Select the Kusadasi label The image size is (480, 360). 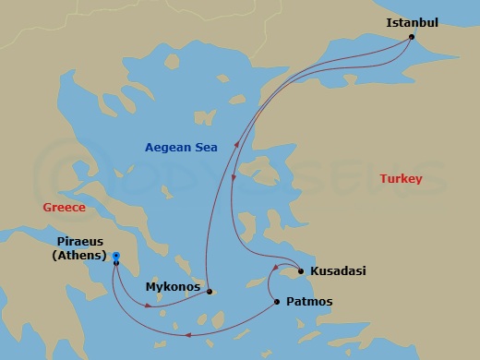pyautogui.click(x=339, y=271)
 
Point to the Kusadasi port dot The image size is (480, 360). pyautogui.click(x=301, y=271)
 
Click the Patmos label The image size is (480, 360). pyautogui.click(x=311, y=302)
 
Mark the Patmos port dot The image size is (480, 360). pyautogui.click(x=277, y=302)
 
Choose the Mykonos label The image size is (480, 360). pyautogui.click(x=174, y=287)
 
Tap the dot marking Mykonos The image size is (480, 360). pyautogui.click(x=210, y=292)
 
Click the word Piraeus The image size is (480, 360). pyautogui.click(x=78, y=241)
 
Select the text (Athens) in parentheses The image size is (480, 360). pyautogui.click(x=78, y=256)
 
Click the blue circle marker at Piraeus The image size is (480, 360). pyautogui.click(x=116, y=256)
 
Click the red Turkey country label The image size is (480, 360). pyautogui.click(x=401, y=178)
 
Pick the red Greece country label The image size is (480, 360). pyautogui.click(x=64, y=208)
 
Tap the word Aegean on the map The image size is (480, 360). pyautogui.click(x=167, y=147)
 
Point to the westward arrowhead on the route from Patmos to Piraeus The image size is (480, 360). pyautogui.click(x=187, y=335)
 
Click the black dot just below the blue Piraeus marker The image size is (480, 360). pyautogui.click(x=116, y=264)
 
